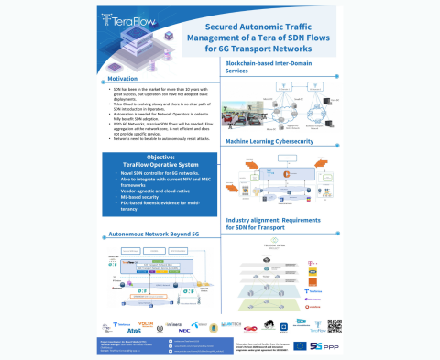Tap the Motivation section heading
pyautogui.click(x=121, y=79)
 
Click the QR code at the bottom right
pyautogui.click(x=334, y=325)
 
